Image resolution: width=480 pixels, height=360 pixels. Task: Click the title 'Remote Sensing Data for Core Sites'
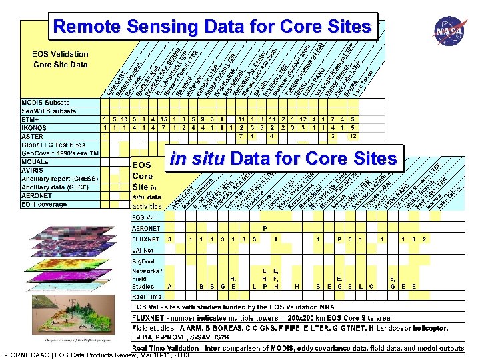coord(213,27)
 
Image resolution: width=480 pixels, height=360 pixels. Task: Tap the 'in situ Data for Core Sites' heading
coord(283,159)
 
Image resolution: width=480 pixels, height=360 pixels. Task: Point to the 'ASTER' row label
coord(33,136)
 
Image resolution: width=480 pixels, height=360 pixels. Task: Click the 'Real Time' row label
coord(147,296)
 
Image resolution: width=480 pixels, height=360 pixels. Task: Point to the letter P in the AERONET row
coord(265,227)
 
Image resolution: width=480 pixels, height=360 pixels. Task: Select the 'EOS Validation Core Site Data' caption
coord(60,59)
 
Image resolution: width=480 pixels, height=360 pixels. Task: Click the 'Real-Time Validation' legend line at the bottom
coord(297,348)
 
